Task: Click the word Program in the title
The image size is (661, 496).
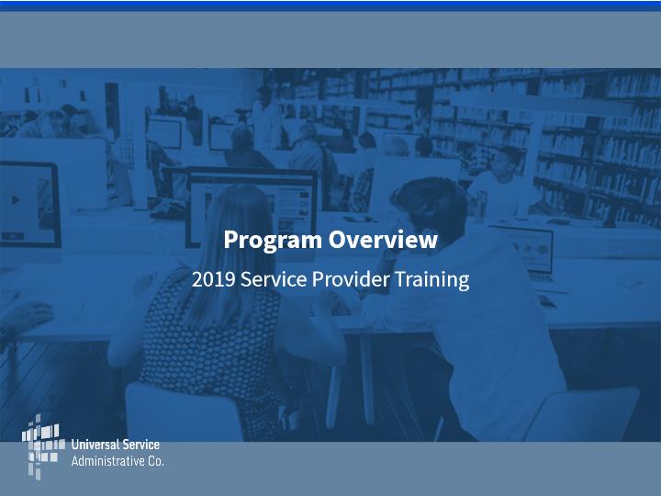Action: [x=273, y=241]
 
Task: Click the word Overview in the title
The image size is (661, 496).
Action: [x=383, y=239]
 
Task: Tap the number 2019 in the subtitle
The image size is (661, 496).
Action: [x=213, y=279]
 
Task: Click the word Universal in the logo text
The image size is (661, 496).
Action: [x=93, y=445]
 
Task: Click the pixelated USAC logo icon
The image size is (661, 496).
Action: [x=43, y=447]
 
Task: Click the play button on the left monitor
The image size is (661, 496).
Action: [x=16, y=199]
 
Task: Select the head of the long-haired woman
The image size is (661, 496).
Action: [x=237, y=211]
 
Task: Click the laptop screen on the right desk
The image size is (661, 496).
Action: [x=521, y=249]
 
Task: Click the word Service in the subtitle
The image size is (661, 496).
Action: [x=274, y=279]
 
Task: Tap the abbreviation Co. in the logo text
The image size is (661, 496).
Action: [x=155, y=461]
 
